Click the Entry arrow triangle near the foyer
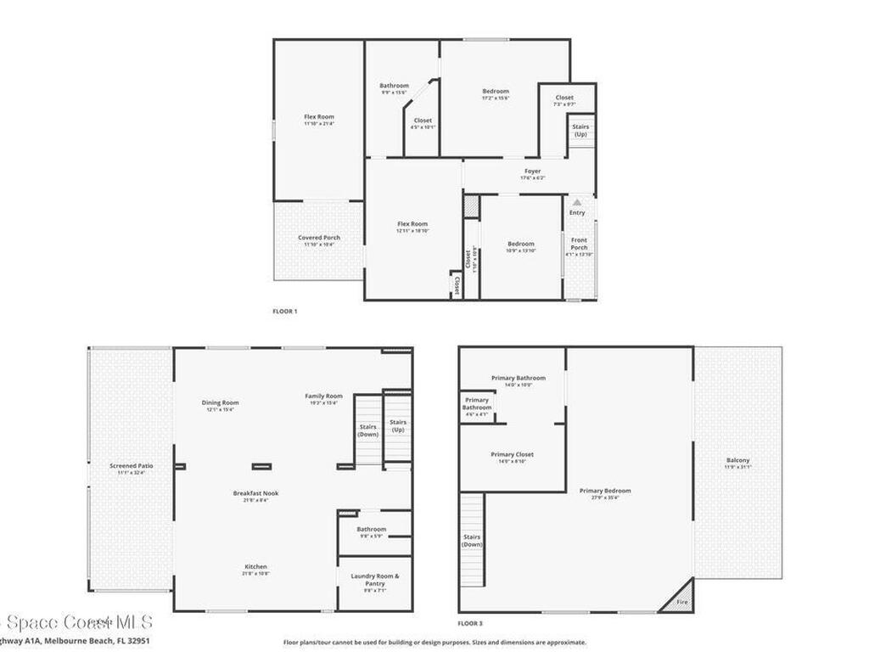tap(577, 202)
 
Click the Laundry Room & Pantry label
tap(374, 580)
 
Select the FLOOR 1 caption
tap(284, 312)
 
